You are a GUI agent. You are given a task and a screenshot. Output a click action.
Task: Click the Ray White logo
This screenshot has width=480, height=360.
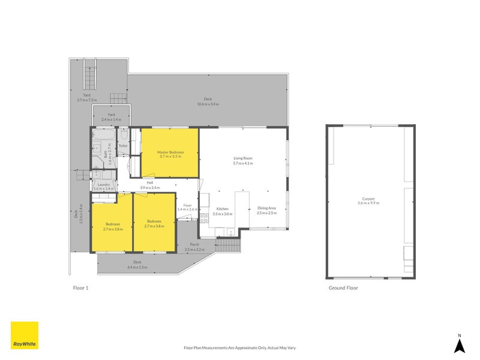(25, 335)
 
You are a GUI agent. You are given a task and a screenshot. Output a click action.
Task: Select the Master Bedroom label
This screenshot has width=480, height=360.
(170, 152)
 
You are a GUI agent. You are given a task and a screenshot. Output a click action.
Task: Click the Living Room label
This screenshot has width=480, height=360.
(243, 158)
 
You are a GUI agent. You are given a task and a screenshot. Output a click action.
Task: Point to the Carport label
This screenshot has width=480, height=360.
(370, 199)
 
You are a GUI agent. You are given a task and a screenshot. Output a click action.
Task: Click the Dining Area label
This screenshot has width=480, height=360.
(266, 207)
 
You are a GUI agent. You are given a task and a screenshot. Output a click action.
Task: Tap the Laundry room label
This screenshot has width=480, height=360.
(104, 185)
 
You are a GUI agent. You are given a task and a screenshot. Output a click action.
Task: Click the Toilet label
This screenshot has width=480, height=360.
(123, 146)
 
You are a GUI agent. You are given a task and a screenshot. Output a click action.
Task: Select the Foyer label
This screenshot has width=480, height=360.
(187, 206)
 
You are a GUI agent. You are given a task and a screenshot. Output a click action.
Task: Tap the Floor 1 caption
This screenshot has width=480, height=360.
(80, 288)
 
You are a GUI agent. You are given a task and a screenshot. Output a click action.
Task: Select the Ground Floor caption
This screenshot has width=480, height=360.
(343, 288)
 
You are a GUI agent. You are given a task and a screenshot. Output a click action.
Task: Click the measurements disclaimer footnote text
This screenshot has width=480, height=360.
(240, 347)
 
